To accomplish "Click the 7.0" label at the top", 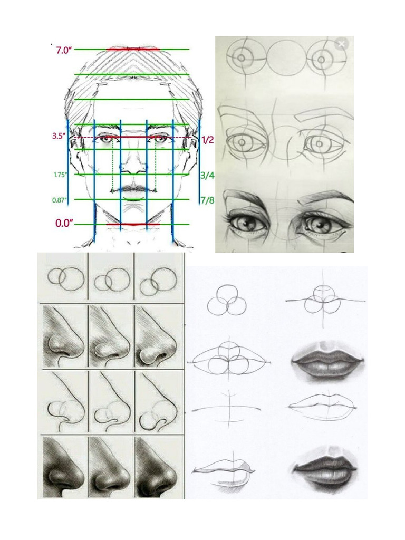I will (x=63, y=51).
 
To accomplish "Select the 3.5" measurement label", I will (x=59, y=136).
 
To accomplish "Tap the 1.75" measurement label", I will (x=60, y=175).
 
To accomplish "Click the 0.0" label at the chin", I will (x=63, y=223).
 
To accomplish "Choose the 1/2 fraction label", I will (x=208, y=140).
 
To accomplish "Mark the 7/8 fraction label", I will (x=207, y=200).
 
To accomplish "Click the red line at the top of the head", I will (x=133, y=49).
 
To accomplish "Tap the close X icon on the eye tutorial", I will (x=341, y=44).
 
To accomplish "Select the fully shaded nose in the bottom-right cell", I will (x=157, y=467).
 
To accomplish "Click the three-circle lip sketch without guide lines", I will (x=225, y=302).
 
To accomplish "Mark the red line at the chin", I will (x=133, y=224).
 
